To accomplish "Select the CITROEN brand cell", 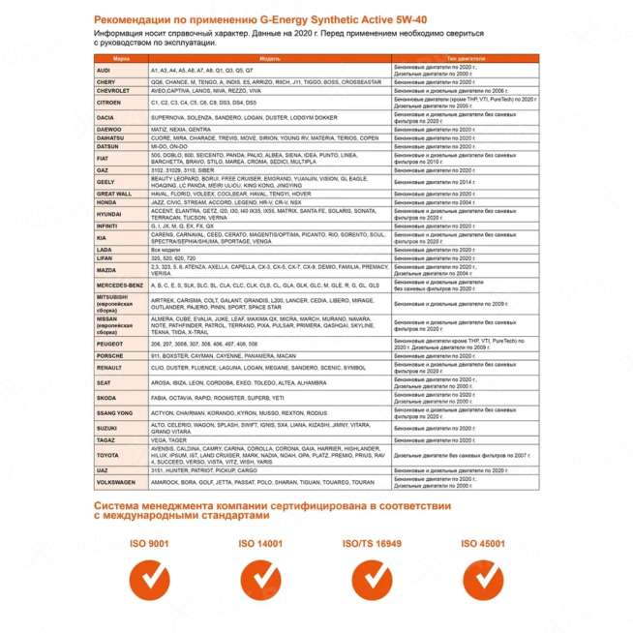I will click(x=108, y=102).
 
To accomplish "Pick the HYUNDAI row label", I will click(x=109, y=213).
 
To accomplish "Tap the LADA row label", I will click(x=104, y=250).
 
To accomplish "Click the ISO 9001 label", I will click(x=148, y=545).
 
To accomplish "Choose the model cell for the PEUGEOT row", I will click(x=269, y=344).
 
